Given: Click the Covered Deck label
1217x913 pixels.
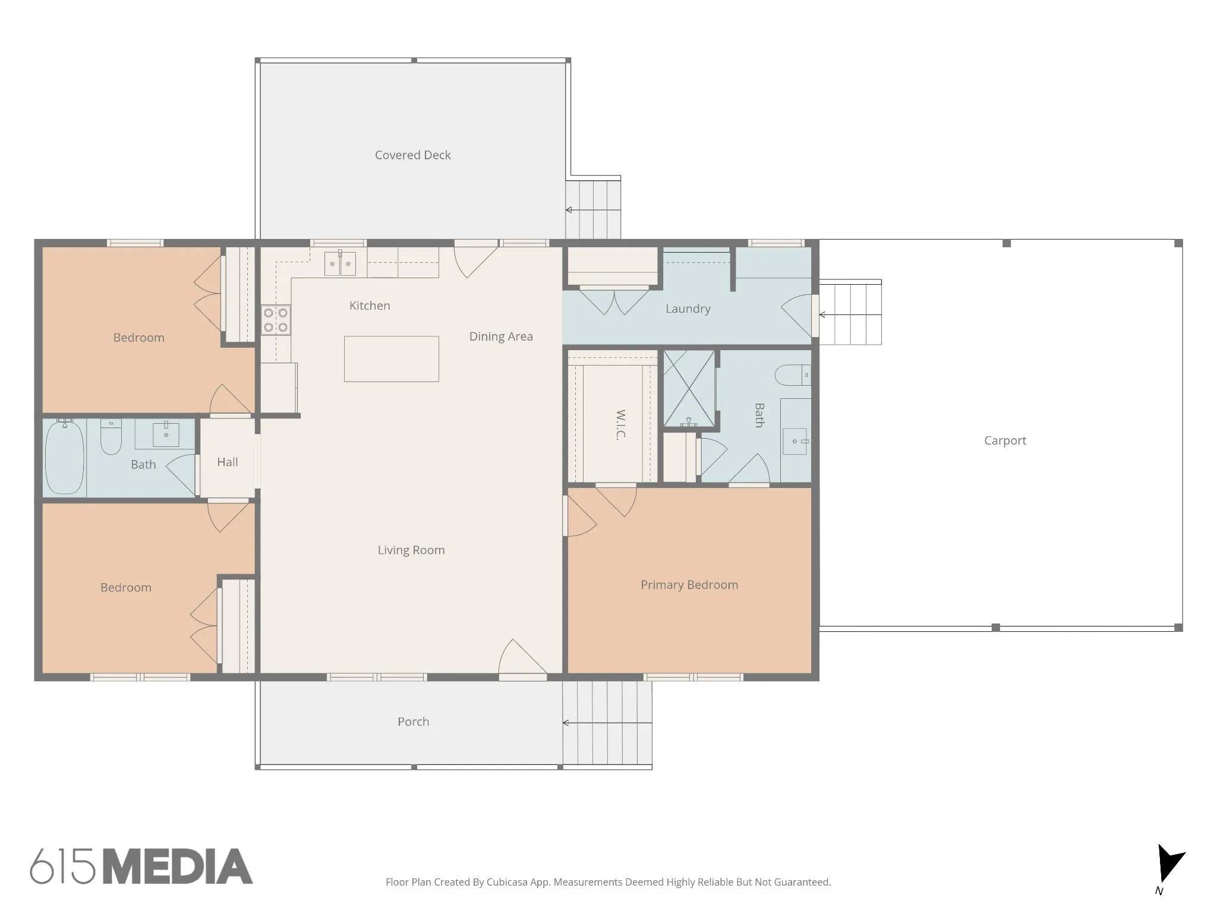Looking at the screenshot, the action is click(x=412, y=155).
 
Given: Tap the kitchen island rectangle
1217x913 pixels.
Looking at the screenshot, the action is click(x=392, y=359).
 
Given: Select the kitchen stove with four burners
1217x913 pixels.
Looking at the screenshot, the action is click(x=276, y=320).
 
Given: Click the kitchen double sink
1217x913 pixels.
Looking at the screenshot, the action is click(x=340, y=263).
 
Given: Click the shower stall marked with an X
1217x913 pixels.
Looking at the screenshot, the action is click(x=689, y=389).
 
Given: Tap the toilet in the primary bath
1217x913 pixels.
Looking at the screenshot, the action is click(x=793, y=375).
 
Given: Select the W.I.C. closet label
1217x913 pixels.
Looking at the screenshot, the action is click(x=620, y=424).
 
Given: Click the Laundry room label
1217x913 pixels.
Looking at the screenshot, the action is click(x=688, y=308).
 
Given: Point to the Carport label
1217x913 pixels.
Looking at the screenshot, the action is click(x=1005, y=440).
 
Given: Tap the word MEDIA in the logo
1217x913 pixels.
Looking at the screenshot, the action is click(x=178, y=866).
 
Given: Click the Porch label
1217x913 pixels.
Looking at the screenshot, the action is click(x=413, y=722).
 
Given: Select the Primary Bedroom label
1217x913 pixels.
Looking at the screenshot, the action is click(x=689, y=585).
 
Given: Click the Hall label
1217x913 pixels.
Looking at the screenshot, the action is click(x=227, y=462).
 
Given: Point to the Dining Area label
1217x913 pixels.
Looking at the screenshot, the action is click(x=501, y=336).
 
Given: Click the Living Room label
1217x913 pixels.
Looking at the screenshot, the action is click(x=411, y=550).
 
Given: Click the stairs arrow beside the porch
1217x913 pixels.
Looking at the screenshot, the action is click(x=607, y=723).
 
